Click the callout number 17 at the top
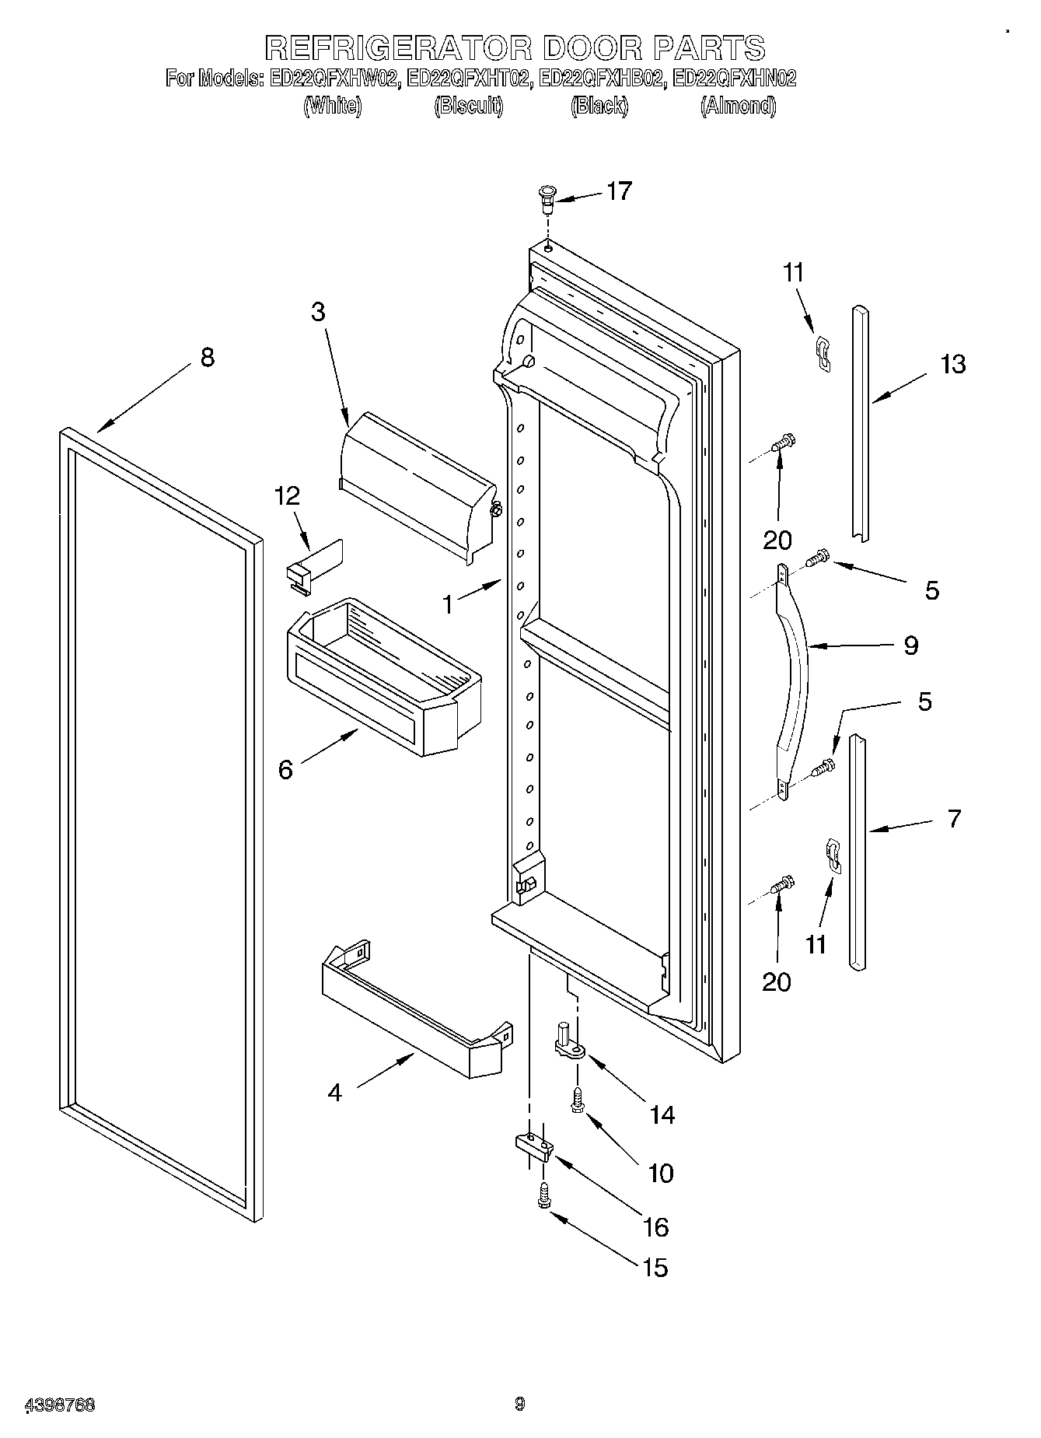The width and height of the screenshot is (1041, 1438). coord(619,191)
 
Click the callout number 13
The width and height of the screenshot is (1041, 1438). coord(952,364)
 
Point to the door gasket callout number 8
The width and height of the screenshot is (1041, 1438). coord(207,358)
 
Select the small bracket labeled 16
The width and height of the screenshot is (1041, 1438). coord(533,1145)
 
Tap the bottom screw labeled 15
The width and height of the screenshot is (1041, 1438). coord(543,1194)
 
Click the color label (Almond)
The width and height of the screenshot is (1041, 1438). coord(738,106)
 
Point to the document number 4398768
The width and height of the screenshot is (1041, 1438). coord(60,1405)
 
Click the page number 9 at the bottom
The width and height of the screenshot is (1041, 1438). coord(520,1404)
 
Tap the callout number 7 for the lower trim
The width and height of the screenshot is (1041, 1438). coord(954,818)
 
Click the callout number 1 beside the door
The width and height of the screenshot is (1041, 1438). coord(448,604)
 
